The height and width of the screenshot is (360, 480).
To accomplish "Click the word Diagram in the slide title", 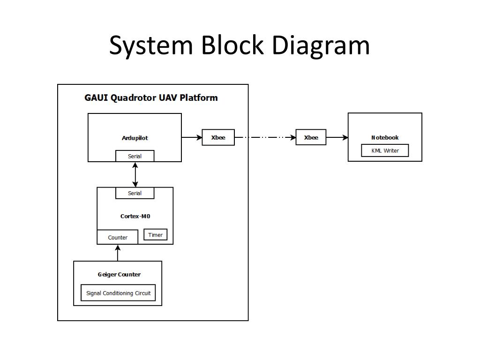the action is point(321,46).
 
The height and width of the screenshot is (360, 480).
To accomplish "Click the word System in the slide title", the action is point(151,46).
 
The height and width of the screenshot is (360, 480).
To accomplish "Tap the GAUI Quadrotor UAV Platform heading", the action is point(151,98).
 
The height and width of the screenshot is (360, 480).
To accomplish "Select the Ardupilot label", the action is point(135,138).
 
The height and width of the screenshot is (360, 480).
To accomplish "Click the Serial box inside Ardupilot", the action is point(135,156).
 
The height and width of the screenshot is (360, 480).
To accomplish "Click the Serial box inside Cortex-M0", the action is point(135,193).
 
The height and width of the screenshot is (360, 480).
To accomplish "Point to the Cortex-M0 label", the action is point(135,217).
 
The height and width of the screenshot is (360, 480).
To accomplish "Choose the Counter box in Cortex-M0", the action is point(118,237).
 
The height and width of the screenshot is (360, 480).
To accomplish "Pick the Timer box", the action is point(156,235).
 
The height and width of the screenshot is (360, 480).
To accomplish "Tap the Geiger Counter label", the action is point(119,275).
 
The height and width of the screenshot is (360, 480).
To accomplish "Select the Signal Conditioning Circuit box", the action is point(118,293).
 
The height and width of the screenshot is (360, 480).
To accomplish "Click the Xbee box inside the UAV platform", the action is point(218,137).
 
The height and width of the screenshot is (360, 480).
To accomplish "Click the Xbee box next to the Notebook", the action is point(311,137).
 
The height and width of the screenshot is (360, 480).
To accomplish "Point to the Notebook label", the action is point(385,138).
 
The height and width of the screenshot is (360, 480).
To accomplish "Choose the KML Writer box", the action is point(385,150).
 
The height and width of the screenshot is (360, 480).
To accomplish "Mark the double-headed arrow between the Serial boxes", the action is point(135,174).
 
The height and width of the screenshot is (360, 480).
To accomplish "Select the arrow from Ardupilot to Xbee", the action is point(192,137).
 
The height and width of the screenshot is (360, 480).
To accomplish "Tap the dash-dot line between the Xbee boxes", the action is point(265,137).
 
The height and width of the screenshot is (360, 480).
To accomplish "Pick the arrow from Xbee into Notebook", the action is point(337,137).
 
